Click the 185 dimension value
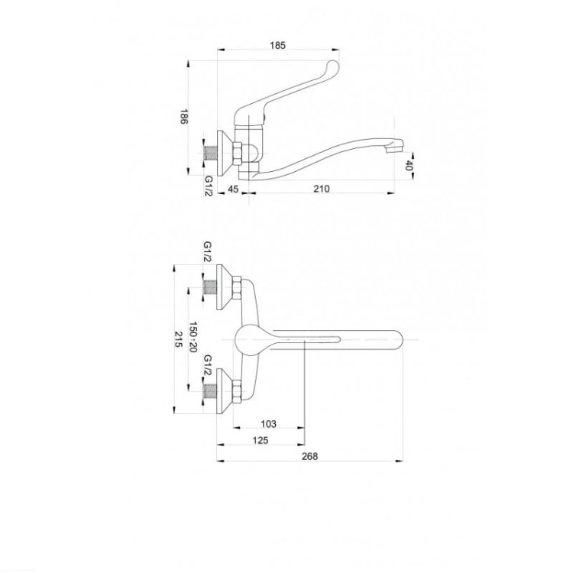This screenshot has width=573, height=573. click(x=277, y=46)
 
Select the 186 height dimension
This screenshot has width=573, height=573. click(x=184, y=117)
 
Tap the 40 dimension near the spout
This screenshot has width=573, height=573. click(x=409, y=166)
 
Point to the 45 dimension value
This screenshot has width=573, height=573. click(x=233, y=189)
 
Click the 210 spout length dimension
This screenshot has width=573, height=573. click(x=322, y=189)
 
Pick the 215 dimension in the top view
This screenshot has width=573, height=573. click(x=178, y=339)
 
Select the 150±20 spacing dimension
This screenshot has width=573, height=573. click(x=193, y=337)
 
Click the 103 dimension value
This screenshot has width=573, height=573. click(x=269, y=424)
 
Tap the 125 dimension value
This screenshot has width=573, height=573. click(x=261, y=440)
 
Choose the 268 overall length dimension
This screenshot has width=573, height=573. click(x=309, y=456)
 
